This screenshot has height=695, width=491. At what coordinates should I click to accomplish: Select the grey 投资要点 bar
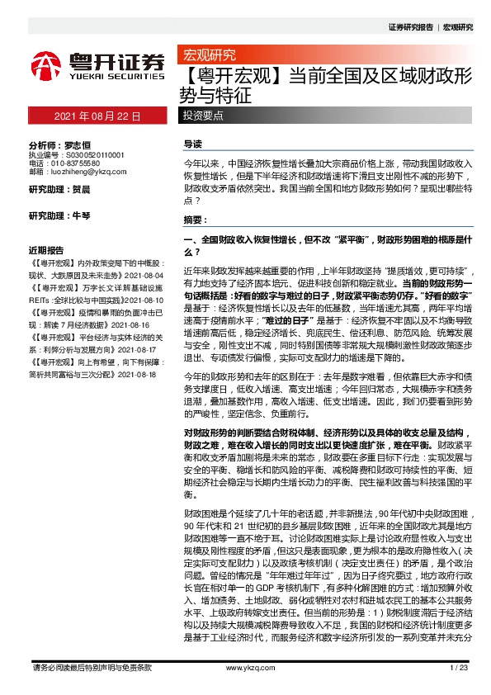[x=203, y=116]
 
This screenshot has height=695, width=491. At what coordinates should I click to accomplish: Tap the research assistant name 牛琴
[x=81, y=216]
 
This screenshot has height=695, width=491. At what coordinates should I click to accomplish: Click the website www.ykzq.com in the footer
[x=244, y=668]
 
